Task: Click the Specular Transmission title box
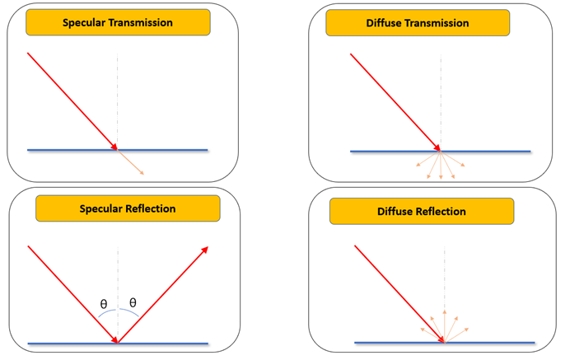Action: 117,23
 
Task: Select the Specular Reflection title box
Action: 128,208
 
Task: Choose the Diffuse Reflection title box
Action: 422,212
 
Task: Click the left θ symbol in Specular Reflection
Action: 103,304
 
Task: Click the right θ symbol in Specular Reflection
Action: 133,303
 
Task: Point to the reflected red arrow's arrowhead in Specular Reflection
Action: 204,249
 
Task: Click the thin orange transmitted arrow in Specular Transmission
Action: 132,163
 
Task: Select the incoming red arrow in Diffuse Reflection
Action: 399,292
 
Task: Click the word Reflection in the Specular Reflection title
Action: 151,208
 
